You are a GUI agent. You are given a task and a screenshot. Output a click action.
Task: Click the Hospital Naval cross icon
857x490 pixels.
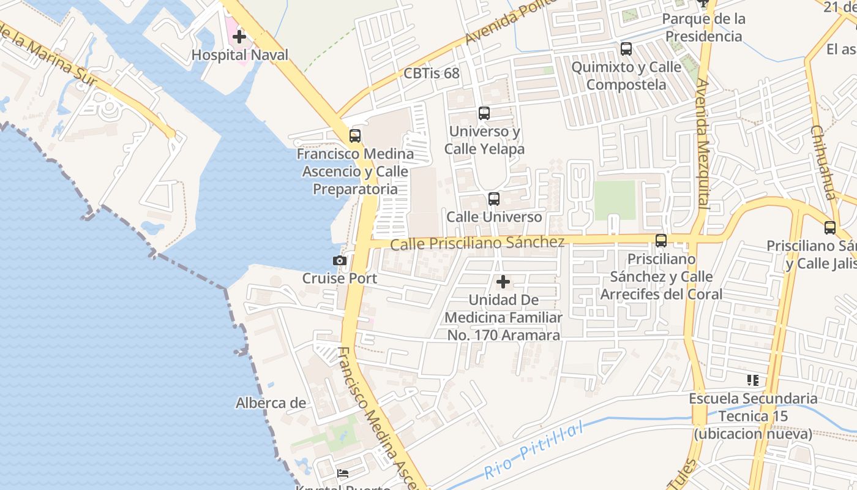[x=239, y=37]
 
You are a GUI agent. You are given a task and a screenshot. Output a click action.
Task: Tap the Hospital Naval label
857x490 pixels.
[x=239, y=55]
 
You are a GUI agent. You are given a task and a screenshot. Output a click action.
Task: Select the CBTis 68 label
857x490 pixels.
[x=431, y=73]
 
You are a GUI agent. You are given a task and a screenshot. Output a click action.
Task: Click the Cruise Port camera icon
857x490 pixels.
[x=339, y=261]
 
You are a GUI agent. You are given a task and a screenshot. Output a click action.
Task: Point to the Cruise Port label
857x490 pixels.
[x=339, y=278]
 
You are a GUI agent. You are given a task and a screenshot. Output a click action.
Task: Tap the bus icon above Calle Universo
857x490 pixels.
[x=493, y=199]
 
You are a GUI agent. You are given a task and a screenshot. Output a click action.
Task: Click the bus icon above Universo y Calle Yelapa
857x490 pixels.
[x=484, y=113]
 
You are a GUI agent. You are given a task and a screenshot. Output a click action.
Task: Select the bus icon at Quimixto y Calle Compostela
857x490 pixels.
[x=626, y=49]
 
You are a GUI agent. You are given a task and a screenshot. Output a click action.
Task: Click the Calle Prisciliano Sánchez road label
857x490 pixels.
[x=477, y=243]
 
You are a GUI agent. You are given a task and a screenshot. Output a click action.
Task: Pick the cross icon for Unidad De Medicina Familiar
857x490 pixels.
[x=503, y=282]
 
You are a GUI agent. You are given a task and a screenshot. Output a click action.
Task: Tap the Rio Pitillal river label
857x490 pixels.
[x=533, y=452]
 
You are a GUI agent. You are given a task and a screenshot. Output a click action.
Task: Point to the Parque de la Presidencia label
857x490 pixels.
[x=703, y=28]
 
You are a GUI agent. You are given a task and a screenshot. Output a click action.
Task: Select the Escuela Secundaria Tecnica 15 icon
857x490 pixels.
[x=752, y=380]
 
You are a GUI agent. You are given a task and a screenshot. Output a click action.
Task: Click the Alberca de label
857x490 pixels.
[x=271, y=403]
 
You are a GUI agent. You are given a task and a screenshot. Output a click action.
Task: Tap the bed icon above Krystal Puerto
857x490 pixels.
[x=342, y=473]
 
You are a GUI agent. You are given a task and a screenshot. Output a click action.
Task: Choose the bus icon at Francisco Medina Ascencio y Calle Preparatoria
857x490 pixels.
[x=354, y=136]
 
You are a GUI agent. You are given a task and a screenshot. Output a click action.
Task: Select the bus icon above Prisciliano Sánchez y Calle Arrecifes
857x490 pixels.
[x=661, y=241]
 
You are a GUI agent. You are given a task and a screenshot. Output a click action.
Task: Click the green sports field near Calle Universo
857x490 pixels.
[x=615, y=200]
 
